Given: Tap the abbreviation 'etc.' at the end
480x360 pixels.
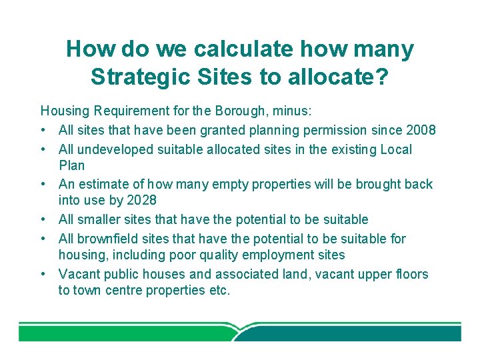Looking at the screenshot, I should pos(217,290).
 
